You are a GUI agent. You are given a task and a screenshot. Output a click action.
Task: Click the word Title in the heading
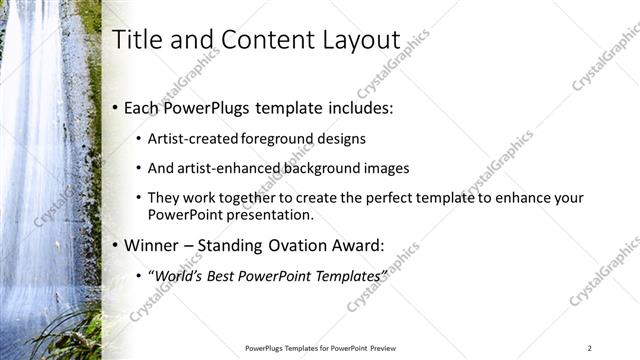135,40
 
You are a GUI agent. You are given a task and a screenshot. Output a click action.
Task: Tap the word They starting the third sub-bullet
164,198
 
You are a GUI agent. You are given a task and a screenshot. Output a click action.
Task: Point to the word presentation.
273,214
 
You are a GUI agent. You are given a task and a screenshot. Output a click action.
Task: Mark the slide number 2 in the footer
590,348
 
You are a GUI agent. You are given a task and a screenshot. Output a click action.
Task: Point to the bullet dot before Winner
115,244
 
